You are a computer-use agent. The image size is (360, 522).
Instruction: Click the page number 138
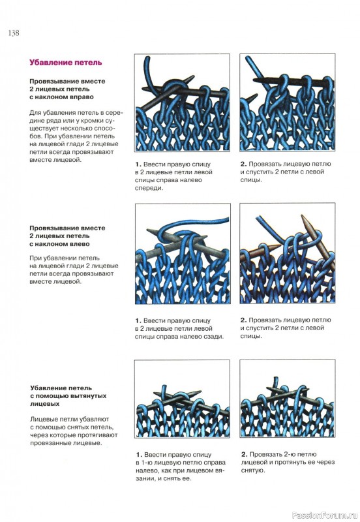pos(14,33)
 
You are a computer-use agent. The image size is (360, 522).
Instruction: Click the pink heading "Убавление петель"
pos(66,63)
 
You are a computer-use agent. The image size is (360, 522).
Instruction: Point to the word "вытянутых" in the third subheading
pos(87,396)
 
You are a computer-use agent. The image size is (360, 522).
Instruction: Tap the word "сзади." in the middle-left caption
pos(214,337)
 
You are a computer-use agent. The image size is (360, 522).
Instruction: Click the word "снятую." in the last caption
pos(253,470)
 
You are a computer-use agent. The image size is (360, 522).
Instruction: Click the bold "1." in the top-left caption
pos(138,164)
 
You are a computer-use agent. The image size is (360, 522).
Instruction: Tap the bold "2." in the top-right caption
pos(243,164)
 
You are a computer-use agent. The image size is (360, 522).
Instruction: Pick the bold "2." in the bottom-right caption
pos(245,454)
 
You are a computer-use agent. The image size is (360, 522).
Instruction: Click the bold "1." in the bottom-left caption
pos(139,454)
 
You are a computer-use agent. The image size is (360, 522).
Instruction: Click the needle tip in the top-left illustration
pos(193,77)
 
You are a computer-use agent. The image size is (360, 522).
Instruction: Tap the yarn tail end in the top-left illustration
pos(147,58)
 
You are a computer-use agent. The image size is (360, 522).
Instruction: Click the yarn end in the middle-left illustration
pos(228,219)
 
